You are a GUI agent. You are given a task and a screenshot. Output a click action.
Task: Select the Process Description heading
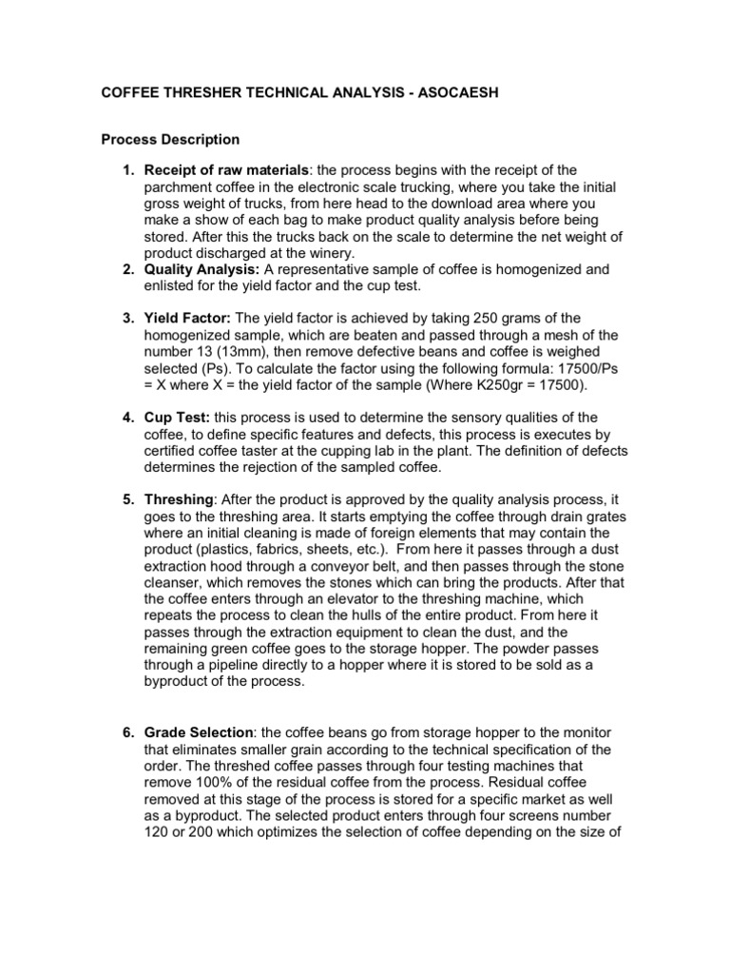tap(171, 140)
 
